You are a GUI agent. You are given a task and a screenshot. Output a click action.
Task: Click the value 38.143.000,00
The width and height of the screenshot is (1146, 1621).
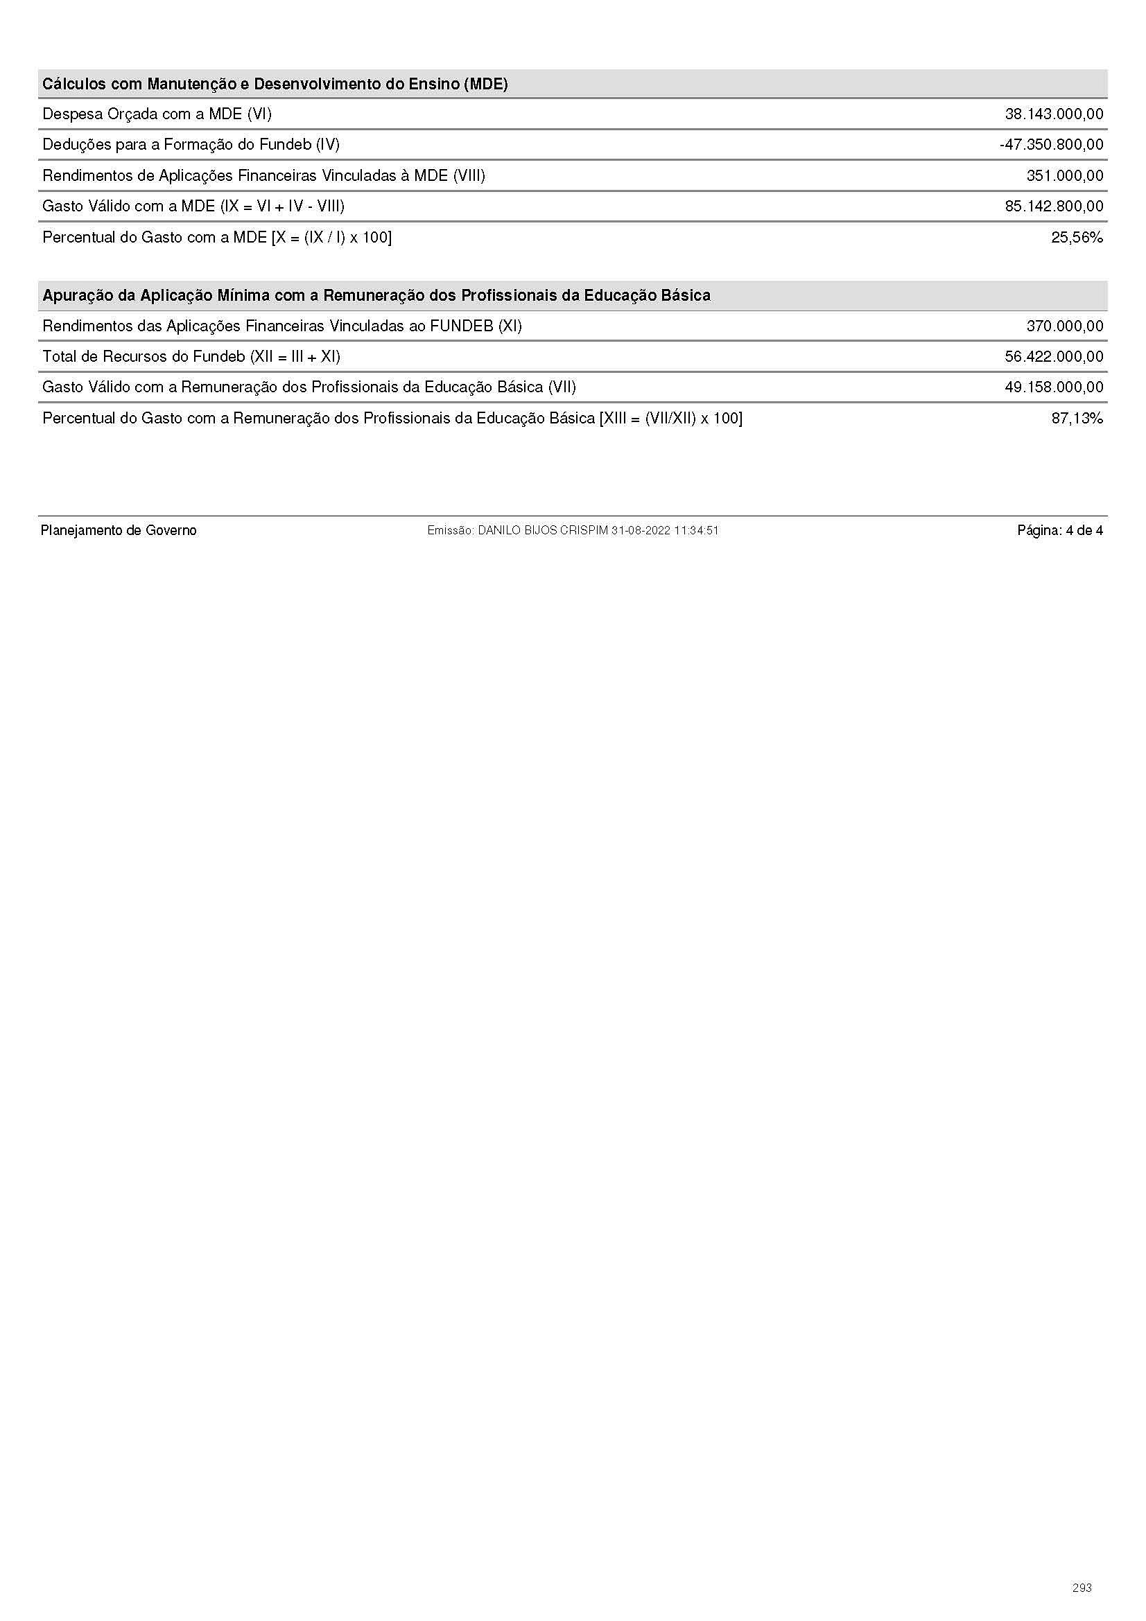[x=1054, y=114]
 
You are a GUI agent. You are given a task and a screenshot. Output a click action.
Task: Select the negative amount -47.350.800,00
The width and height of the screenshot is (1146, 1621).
[x=1052, y=145]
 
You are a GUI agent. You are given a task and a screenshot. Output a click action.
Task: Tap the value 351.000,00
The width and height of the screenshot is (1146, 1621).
[x=1064, y=176]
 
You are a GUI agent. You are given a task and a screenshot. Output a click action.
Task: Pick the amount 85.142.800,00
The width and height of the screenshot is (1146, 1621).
[x=1054, y=206]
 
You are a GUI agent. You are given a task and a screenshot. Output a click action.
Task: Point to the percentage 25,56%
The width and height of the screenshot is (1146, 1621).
[x=1077, y=237]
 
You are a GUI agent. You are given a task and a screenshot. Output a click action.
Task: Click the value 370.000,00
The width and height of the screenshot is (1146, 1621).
[x=1064, y=326]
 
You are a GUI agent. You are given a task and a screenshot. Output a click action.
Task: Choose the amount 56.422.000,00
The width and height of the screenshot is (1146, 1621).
[x=1054, y=356]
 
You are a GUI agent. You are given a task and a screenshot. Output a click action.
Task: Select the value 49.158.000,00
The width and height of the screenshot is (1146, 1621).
[x=1054, y=387]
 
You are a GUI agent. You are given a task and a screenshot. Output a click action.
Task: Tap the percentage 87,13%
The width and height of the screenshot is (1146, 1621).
[x=1077, y=419]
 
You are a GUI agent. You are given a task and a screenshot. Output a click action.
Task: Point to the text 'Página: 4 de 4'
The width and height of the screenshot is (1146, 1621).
[x=1060, y=530]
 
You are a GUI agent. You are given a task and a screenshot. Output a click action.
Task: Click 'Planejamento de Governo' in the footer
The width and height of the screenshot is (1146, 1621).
[x=119, y=530]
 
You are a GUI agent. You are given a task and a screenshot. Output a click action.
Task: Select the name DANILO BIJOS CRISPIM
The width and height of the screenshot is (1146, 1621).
[x=542, y=530]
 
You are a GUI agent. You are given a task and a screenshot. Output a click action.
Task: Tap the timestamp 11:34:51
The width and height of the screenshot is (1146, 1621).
[x=696, y=530]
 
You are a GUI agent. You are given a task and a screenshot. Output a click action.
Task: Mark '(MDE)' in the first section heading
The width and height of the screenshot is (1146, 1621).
[x=486, y=84]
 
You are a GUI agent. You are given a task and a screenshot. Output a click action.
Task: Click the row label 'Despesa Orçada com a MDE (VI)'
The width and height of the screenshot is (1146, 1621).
[x=157, y=114]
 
